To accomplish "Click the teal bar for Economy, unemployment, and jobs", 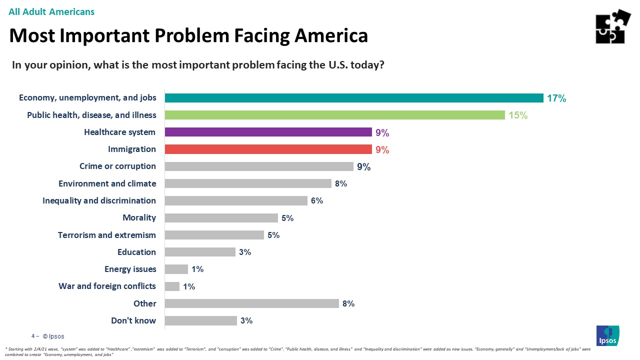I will [354, 98].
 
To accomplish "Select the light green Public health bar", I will [334, 115].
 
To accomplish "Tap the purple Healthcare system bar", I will [268, 132].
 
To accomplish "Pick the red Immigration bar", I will [268, 149].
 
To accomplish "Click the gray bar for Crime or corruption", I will [258, 166].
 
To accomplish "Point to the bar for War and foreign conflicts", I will [172, 286].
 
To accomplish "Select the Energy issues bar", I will [176, 269].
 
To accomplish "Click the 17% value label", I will [556, 98].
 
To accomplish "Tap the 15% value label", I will [517, 115].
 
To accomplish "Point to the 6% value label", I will [317, 201].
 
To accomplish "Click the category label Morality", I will [139, 218].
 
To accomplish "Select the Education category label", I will [136, 252].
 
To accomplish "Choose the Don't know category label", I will [133, 320].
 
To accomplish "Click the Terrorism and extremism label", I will [107, 235].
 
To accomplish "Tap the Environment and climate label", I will [107, 183].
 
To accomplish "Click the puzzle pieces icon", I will [612, 26].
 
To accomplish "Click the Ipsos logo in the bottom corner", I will [607, 335].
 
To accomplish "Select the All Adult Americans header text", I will [51, 11].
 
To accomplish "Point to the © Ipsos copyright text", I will [53, 336].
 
